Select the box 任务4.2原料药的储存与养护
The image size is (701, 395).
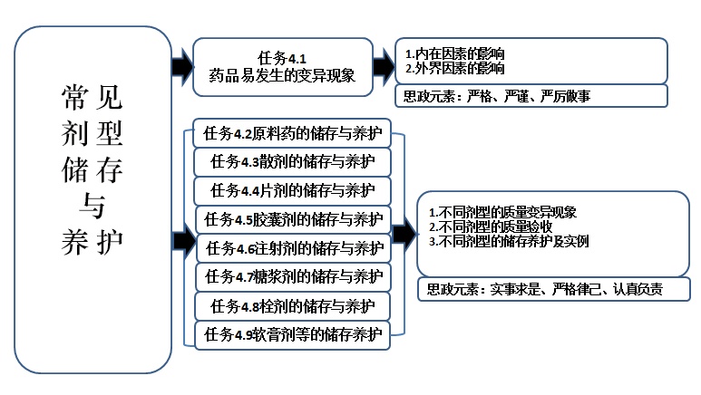click(x=293, y=134)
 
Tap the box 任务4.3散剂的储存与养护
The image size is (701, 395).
click(x=293, y=162)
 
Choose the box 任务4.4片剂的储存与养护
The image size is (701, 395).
click(x=293, y=190)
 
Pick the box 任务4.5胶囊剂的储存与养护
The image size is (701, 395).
click(x=293, y=218)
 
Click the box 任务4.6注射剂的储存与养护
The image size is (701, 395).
click(x=293, y=247)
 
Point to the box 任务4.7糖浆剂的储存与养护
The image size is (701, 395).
click(x=293, y=275)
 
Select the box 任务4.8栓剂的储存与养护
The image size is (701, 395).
click(x=293, y=304)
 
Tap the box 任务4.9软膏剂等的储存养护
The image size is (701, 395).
click(x=293, y=333)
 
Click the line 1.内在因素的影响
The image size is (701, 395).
click(x=455, y=54)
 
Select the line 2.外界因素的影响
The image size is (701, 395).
click(x=455, y=68)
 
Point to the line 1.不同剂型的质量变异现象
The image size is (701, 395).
click(x=502, y=213)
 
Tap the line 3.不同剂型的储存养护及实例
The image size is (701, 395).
click(x=508, y=241)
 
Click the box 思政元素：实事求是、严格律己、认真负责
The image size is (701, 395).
click(x=553, y=290)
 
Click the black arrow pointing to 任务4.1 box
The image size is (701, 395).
click(x=181, y=66)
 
